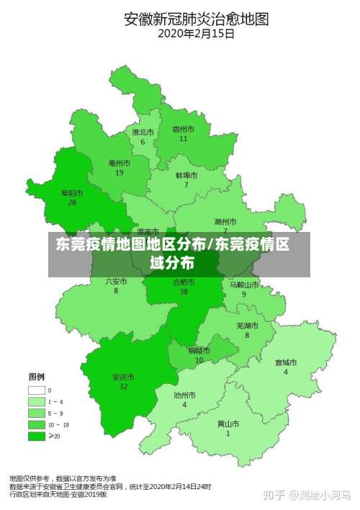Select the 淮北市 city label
click(x=143, y=133)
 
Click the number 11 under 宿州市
click(x=184, y=138)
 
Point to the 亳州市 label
click(x=120, y=164)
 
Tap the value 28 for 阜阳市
click(x=72, y=202)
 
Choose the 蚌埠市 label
click(x=186, y=175)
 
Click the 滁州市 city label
click(x=225, y=221)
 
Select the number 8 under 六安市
click(x=116, y=290)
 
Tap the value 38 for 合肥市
click(x=184, y=291)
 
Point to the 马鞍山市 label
click(x=243, y=285)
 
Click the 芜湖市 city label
click(x=248, y=325)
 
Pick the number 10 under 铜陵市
click(x=199, y=359)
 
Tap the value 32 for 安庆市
click(x=123, y=386)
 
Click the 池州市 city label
click(x=184, y=395)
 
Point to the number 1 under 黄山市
click(x=228, y=434)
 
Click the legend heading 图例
click(x=37, y=377)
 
